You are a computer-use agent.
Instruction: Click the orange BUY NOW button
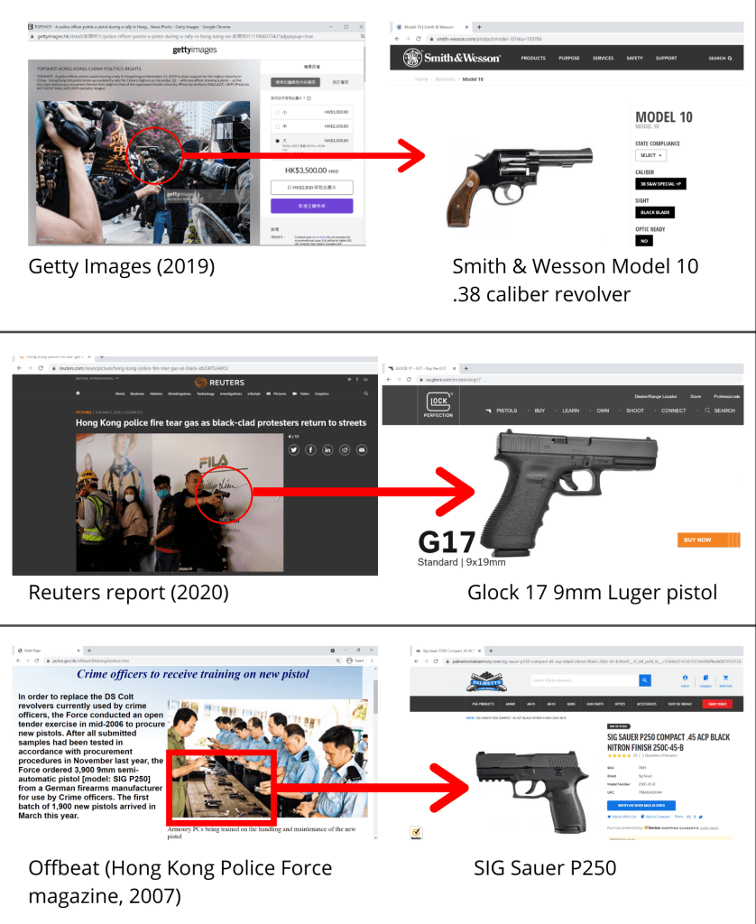697,540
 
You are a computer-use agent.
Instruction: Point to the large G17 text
447,541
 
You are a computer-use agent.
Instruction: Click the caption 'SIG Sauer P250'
545,868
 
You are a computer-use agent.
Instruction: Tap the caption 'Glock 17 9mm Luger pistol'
592,593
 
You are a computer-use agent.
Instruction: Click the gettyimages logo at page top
194,51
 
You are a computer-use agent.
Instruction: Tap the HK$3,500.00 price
311,170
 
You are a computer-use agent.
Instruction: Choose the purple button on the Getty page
311,206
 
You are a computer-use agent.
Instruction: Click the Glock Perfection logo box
438,404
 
